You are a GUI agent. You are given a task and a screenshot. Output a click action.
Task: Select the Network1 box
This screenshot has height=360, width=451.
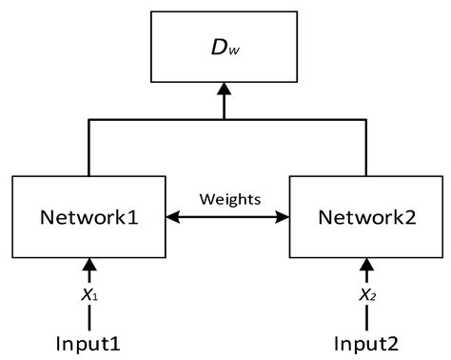tap(89, 215)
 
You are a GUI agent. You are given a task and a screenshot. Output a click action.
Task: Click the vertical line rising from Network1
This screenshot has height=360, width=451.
tap(89, 148)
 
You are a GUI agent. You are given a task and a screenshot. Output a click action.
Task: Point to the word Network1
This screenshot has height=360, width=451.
tap(89, 216)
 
